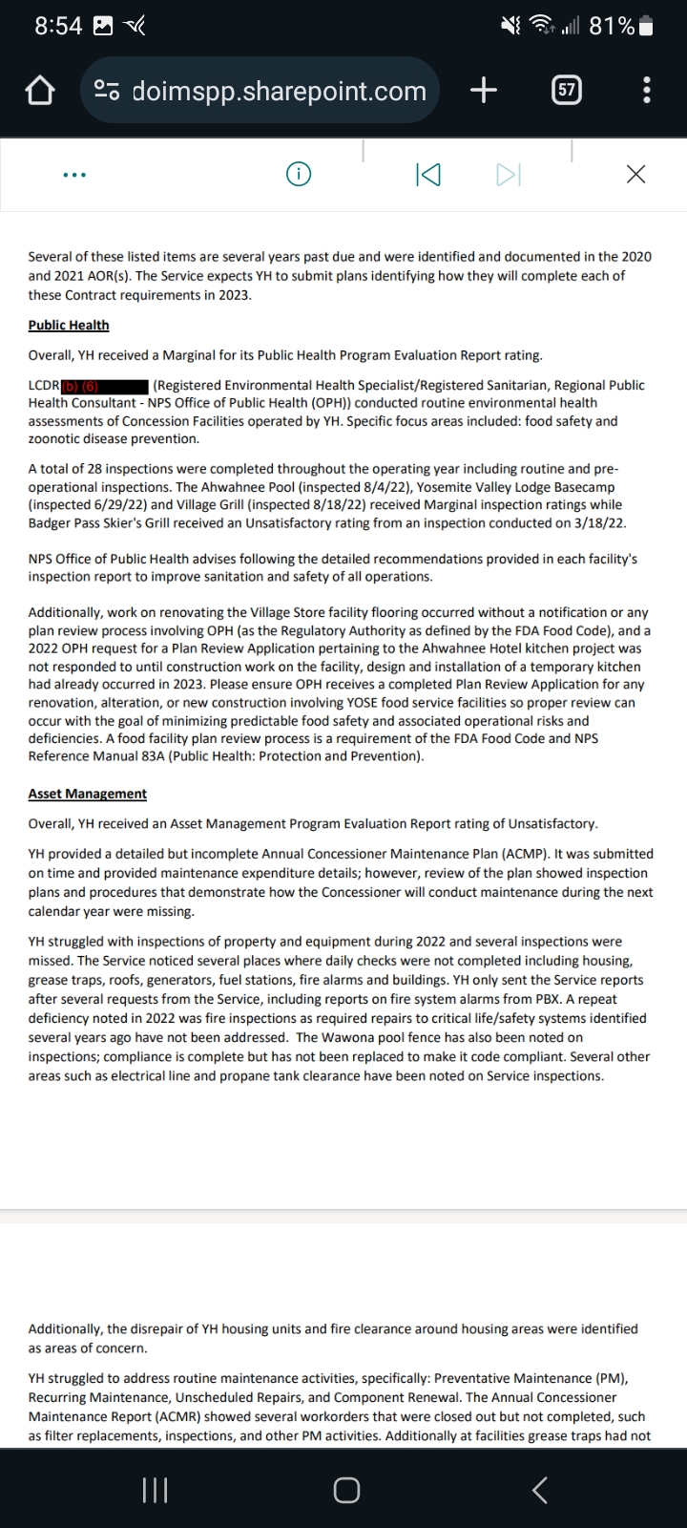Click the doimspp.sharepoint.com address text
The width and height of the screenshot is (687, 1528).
coord(279,91)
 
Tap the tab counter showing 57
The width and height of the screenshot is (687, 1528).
coord(567,91)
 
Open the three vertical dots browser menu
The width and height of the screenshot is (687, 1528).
coord(648,91)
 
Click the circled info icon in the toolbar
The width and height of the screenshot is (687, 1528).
coord(299,174)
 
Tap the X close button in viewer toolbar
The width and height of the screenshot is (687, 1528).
coord(635,174)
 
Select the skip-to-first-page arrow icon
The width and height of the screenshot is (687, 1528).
coord(428,175)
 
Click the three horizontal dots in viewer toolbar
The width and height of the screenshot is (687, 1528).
coord(73,175)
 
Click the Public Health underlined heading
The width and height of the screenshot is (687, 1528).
coord(69,325)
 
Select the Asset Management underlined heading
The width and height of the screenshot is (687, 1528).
coord(88,794)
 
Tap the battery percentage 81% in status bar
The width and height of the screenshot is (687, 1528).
coord(612,27)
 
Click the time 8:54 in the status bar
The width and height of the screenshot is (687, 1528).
coord(58,27)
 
